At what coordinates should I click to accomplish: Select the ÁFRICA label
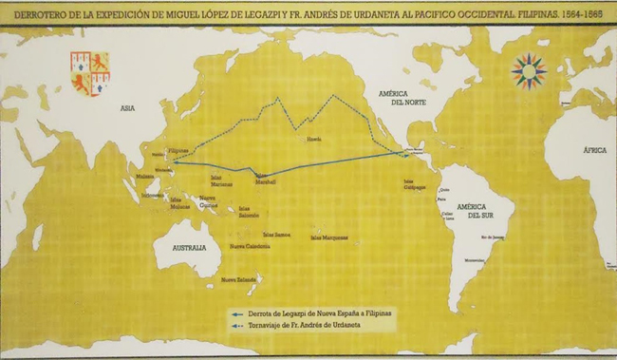pyautogui.click(x=595, y=149)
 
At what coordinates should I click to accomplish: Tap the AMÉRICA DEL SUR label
pyautogui.click(x=472, y=211)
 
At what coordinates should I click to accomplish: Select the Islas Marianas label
pyautogui.click(x=220, y=181)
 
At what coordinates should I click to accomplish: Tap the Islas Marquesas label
pyautogui.click(x=329, y=237)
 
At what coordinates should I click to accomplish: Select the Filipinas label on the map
pyautogui.click(x=178, y=150)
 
